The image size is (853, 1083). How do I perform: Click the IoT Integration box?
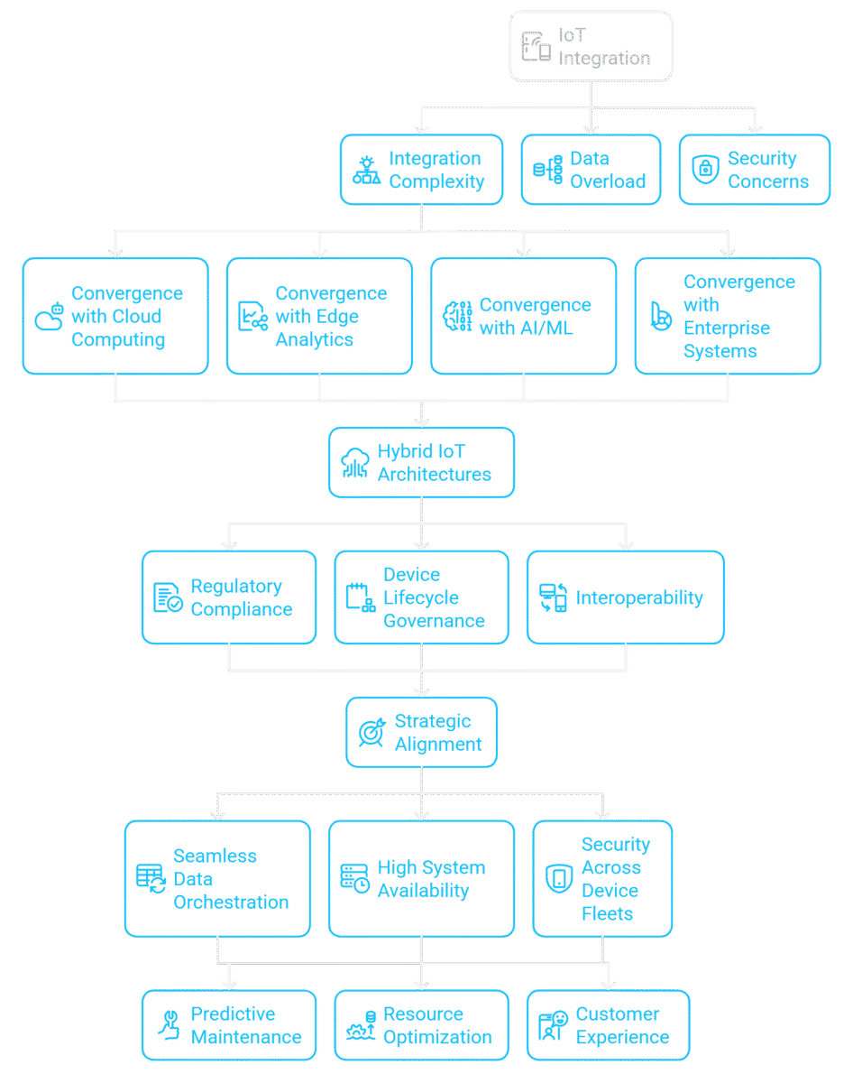591,47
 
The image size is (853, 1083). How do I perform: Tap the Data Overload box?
591,170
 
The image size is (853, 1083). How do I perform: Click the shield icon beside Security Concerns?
703,171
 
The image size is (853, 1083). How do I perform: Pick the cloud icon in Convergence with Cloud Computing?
49,317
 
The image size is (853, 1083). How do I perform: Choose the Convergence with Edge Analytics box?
319,316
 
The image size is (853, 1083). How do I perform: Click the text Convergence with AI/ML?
535,317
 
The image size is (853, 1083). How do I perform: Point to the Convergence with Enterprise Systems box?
727,316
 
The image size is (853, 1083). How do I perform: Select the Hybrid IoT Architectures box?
422,463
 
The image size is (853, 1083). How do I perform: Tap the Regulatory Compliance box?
229,597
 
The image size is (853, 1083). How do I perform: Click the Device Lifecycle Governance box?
421,597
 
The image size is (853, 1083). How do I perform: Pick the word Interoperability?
638,598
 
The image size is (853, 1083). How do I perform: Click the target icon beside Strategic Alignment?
371,733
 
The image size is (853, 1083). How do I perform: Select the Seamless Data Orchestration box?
217,878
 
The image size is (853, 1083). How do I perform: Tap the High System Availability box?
420,878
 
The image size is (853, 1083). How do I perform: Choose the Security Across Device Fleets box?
602,878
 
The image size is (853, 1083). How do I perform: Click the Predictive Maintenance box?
229,1025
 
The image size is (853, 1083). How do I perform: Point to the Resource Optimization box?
421,1025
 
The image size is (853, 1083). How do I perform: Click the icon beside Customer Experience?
550,1026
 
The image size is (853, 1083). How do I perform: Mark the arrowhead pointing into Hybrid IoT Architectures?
421,421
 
